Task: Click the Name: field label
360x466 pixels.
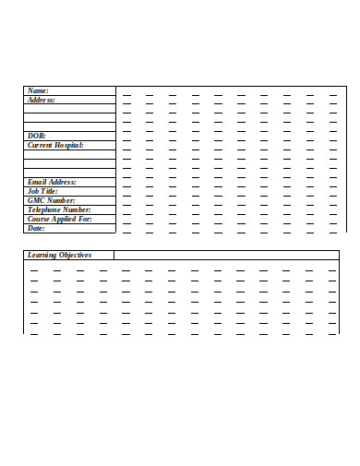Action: pos(38,90)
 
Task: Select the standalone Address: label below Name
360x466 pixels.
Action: pos(42,100)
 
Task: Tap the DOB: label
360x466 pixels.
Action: pos(37,136)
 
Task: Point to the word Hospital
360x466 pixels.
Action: pos(69,145)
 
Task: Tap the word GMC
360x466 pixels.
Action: pos(36,200)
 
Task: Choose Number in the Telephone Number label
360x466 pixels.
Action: pos(78,209)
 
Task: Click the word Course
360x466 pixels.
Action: pos(40,219)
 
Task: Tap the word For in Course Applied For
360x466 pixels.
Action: pos(86,219)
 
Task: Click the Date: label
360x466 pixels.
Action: pos(37,228)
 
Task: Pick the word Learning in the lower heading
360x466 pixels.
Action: pos(42,255)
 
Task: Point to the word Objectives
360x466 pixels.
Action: pos(76,255)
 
